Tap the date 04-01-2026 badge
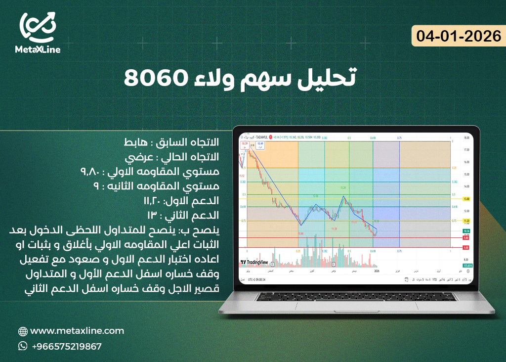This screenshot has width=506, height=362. pos(459,36)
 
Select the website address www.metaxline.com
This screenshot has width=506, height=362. pos(77,331)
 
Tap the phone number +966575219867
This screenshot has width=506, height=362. pos(67,346)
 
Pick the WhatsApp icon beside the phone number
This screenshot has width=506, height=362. pos(23,346)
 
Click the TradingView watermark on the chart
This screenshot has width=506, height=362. pos(254,262)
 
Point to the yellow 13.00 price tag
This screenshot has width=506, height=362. pos(465,199)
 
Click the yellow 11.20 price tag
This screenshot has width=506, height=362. pos(465,221)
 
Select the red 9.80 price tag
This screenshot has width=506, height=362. pos(465,237)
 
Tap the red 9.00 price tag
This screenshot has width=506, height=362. pos(465,247)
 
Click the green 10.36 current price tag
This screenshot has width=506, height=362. pos(465,231)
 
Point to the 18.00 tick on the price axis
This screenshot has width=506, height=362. pos(465,138)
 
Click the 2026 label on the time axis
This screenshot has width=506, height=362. pos(377,271)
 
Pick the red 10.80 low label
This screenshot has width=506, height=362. pos(300,233)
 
